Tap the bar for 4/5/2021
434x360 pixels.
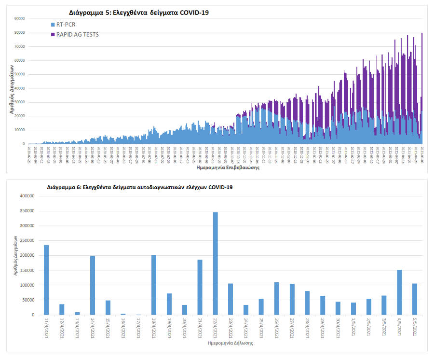399,292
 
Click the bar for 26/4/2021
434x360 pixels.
277,298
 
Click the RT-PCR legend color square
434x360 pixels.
53,24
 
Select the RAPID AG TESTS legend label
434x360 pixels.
78,34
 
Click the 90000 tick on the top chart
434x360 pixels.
19,19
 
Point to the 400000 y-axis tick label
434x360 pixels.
26,196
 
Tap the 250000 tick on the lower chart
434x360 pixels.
26,240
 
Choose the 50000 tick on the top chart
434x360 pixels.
19,74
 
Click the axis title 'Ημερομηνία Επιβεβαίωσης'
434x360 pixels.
228,168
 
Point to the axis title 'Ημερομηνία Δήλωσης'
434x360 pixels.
230,344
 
